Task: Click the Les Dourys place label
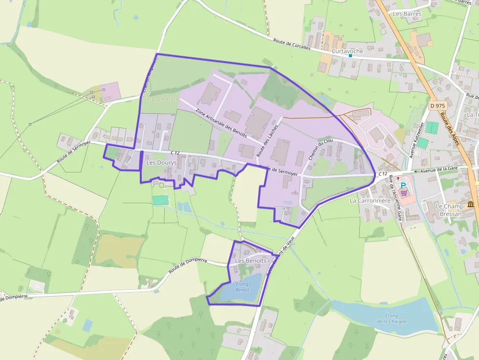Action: tap(161, 163)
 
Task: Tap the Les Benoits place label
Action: tap(251, 261)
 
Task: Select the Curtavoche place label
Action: tap(348, 51)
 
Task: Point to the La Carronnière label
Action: tap(370, 200)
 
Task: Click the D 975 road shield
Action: tap(438, 106)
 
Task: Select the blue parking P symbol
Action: tap(403, 186)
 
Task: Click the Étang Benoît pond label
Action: tap(242, 287)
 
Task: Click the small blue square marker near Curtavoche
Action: tap(350, 56)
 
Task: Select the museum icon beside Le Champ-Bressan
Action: tap(471, 204)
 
